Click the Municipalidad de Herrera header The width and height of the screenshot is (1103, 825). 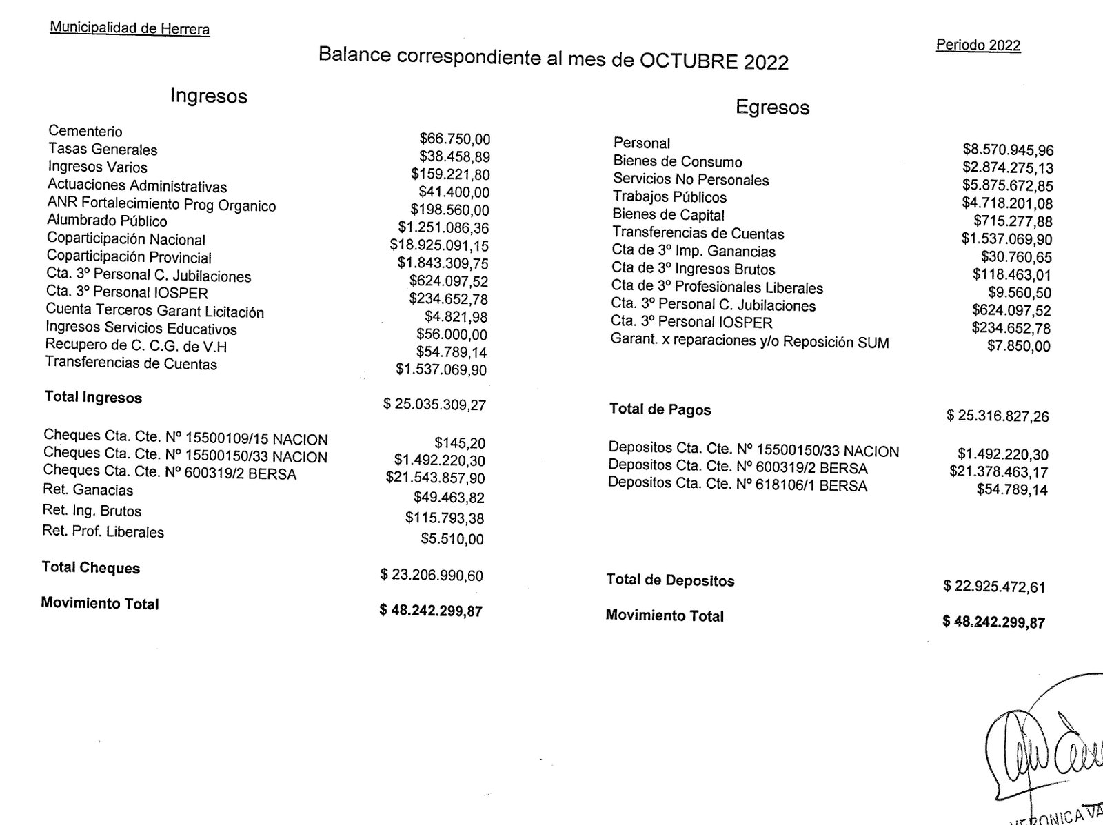130,28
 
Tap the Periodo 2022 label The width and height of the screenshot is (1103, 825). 978,45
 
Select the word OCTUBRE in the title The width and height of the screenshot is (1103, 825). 688,61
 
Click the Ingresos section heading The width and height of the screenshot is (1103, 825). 209,96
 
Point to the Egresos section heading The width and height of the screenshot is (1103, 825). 772,108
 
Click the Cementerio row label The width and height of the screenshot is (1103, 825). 85,132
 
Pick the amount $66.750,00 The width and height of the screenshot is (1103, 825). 455,140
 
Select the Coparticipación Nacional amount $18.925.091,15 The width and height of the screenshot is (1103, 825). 439,246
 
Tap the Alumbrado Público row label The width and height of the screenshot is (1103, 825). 107,221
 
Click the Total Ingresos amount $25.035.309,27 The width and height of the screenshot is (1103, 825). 434,405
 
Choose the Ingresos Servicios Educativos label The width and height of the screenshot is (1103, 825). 141,329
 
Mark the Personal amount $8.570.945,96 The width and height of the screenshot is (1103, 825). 1008,150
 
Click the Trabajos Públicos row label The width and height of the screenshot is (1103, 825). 669,197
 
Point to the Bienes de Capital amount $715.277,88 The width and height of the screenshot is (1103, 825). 1013,221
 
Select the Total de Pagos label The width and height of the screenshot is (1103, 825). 660,410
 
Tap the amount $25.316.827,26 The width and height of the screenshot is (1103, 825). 998,416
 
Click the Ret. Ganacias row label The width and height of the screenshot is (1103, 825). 88,491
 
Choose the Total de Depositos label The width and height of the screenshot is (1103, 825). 670,580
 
